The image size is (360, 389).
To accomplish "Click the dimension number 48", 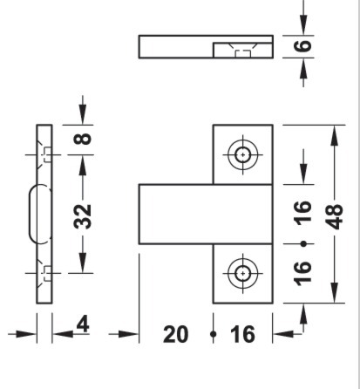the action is pyautogui.click(x=335, y=217).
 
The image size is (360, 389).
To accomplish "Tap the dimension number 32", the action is pyautogui.click(x=83, y=216).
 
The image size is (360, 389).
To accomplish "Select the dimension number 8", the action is pyautogui.click(x=83, y=139).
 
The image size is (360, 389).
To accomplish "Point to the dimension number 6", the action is pyautogui.click(x=303, y=46).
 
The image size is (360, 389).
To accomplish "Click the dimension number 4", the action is pyautogui.click(x=83, y=324).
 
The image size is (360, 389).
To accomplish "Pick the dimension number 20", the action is pyautogui.click(x=176, y=334).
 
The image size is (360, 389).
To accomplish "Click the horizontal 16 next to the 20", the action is pyautogui.click(x=242, y=334).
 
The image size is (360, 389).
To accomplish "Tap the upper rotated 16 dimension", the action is pyautogui.click(x=303, y=213).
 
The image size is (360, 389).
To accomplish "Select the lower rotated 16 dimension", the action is pyautogui.click(x=303, y=274).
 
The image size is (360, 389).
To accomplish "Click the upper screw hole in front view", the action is pyautogui.click(x=242, y=154).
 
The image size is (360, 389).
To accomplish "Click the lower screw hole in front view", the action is pyautogui.click(x=242, y=273).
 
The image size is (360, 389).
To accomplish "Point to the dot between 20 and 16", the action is pyautogui.click(x=214, y=334).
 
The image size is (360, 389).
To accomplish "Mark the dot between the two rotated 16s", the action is pyautogui.click(x=303, y=243).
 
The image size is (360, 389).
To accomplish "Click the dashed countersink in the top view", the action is pyautogui.click(x=242, y=51).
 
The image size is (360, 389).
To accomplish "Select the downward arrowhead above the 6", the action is pyautogui.click(x=303, y=25).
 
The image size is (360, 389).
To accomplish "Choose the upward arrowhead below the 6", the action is pyautogui.click(x=303, y=68).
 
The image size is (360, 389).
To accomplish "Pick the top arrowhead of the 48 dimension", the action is pyautogui.click(x=335, y=135).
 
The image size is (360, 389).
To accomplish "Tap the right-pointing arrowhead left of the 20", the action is pyautogui.click(x=128, y=334).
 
